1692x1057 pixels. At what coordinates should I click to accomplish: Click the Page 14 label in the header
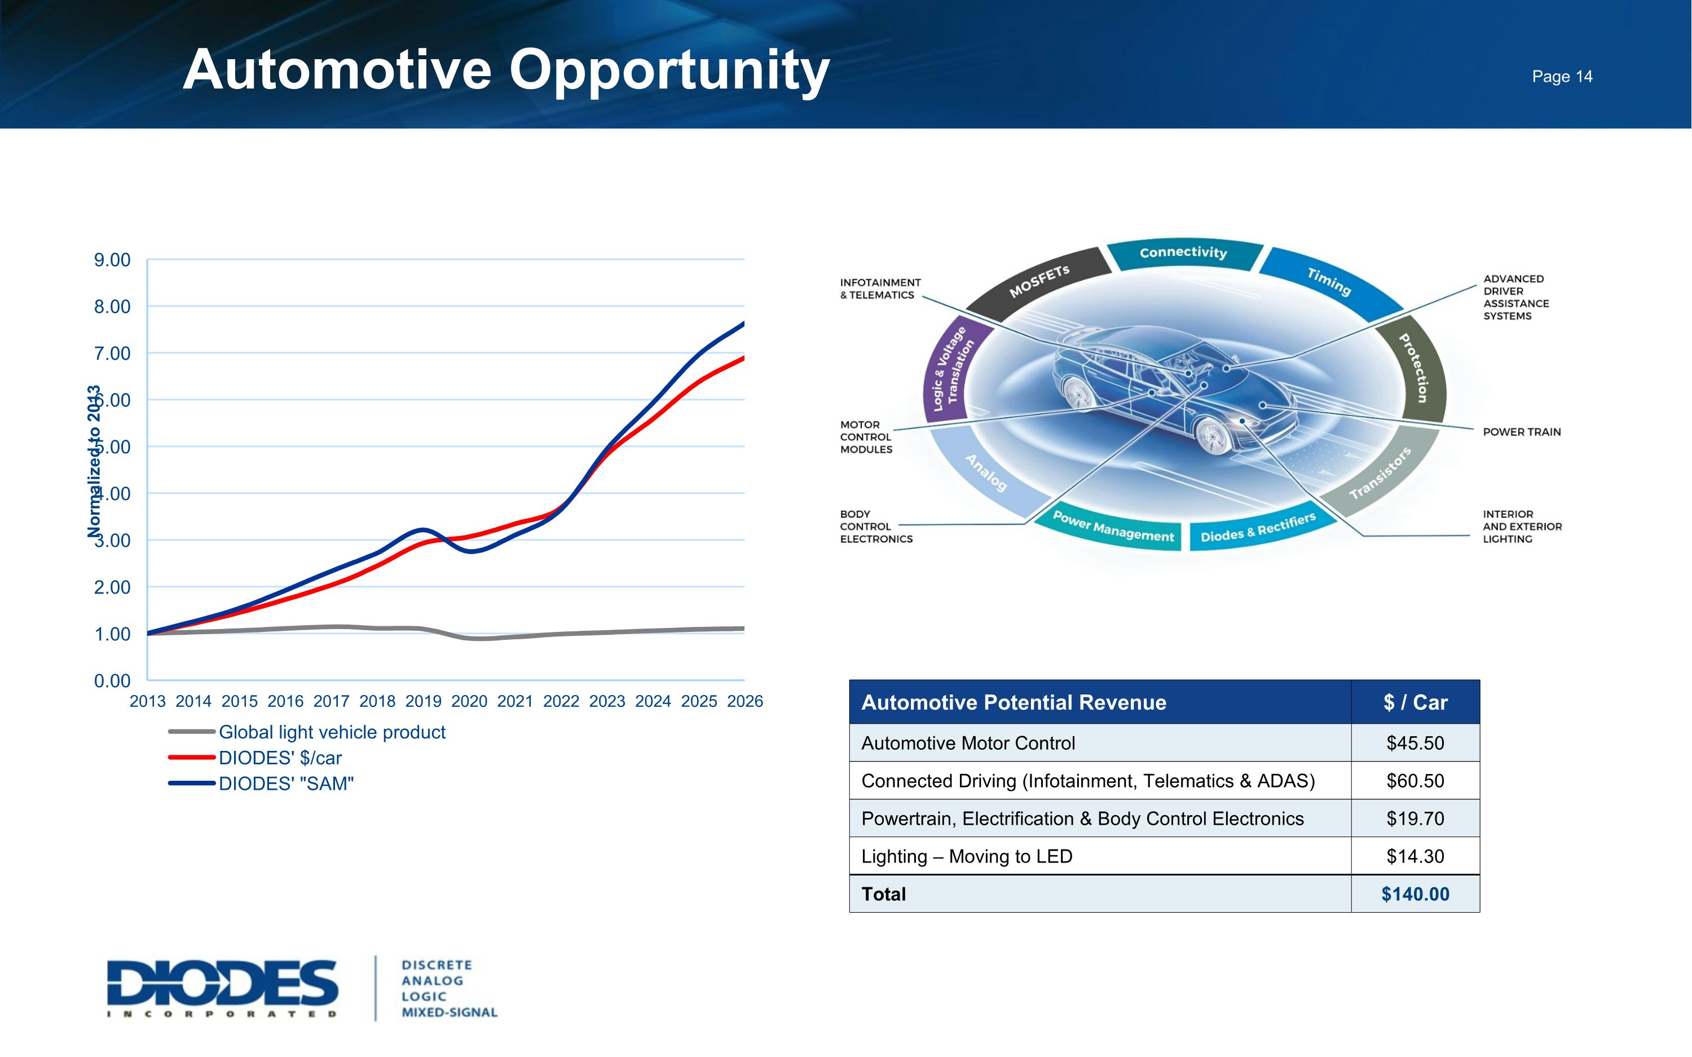click(x=1561, y=76)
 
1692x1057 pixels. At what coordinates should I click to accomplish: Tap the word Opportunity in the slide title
click(x=669, y=70)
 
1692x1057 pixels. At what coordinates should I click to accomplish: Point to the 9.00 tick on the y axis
click(x=112, y=260)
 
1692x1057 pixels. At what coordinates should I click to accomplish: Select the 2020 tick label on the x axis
click(x=469, y=701)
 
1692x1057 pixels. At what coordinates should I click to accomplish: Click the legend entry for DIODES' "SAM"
click(x=286, y=784)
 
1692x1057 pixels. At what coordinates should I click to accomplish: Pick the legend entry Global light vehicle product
click(x=332, y=732)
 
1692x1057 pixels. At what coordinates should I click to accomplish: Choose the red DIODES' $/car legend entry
click(x=280, y=758)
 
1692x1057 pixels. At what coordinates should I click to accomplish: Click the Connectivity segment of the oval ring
click(x=1183, y=253)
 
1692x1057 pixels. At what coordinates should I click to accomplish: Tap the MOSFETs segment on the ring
click(x=1039, y=281)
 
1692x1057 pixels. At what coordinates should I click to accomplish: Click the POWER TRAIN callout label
click(x=1522, y=432)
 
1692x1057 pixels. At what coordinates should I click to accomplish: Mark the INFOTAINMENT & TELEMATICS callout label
click(x=880, y=289)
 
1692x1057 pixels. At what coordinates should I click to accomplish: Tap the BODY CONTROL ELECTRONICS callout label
click(x=875, y=527)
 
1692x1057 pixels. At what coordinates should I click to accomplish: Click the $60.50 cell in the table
click(x=1415, y=781)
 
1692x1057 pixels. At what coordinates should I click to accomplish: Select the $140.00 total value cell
click(x=1415, y=894)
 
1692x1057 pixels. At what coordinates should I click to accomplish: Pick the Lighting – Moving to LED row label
click(x=966, y=856)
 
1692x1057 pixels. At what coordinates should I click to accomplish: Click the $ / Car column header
click(x=1415, y=702)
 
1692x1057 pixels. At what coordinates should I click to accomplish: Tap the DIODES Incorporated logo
click(x=222, y=987)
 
